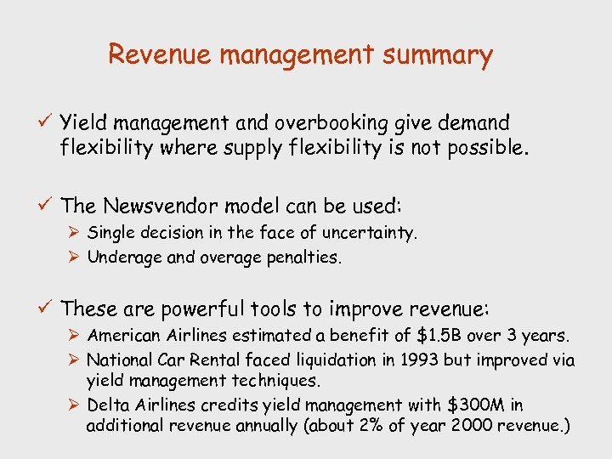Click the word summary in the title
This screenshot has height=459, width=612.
pos(437,56)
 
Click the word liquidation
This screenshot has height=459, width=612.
pos(328,360)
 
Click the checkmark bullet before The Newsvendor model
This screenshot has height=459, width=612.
pos(46,205)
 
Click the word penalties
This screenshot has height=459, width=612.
pos(307,257)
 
